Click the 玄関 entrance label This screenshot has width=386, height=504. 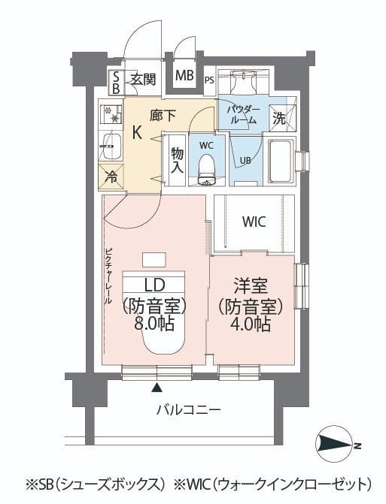pos(143,79)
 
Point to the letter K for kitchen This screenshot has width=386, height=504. pos(137,134)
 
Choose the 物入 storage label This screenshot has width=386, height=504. pos(177,160)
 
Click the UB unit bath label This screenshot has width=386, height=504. pos(245,161)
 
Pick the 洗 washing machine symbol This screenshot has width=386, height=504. pos(278,118)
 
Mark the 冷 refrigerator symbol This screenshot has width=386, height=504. pos(111,177)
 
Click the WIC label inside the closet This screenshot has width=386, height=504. pos(254,222)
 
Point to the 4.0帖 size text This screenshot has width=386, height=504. pos(251,324)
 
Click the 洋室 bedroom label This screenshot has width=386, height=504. pos(251,286)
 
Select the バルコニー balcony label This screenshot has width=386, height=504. pos(188,410)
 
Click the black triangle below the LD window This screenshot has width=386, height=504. pos(157,388)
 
